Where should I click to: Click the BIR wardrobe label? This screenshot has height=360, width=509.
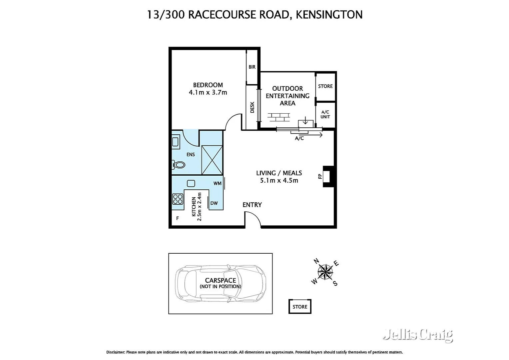point(252,67)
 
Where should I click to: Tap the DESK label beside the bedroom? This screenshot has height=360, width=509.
point(252,107)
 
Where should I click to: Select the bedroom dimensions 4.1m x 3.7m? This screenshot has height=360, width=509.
point(208,92)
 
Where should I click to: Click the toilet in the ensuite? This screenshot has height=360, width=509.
point(179,164)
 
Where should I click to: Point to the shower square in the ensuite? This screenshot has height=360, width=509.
point(212,160)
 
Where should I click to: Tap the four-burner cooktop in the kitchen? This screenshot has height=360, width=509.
point(178,199)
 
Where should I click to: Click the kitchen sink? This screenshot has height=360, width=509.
point(191,183)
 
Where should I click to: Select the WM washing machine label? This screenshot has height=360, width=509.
point(217,183)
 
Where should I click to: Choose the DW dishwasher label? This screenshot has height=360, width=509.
point(214,203)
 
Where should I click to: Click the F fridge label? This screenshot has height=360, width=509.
point(178,218)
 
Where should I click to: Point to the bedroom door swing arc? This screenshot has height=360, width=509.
point(234,122)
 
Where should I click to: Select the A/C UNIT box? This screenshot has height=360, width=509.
point(325,114)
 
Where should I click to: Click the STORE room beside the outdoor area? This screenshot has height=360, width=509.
point(325,86)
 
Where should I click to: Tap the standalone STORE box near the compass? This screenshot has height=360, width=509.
point(300,307)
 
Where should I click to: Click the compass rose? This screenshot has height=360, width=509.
point(325,272)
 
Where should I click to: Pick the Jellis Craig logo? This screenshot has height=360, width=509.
point(418,335)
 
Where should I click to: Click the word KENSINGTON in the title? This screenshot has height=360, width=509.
point(329,15)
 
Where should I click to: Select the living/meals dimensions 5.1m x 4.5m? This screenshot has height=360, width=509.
point(279,180)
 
